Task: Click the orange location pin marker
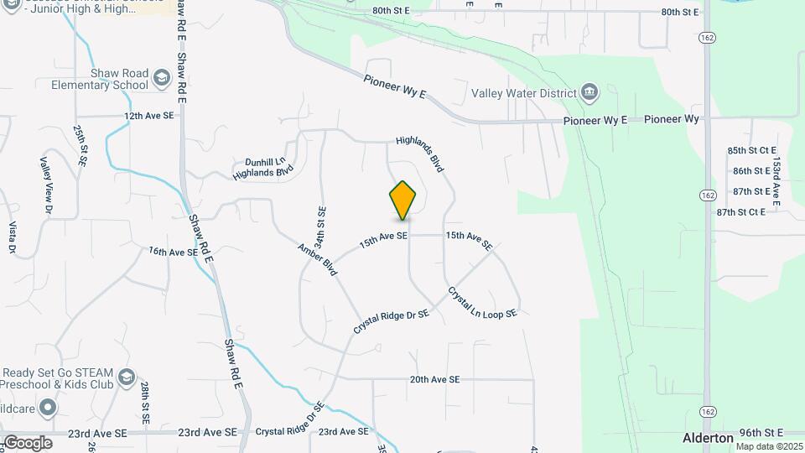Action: tap(403, 200)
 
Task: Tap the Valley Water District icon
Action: tap(589, 92)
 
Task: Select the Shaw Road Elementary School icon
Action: tap(160, 80)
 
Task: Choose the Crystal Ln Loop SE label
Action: tap(482, 302)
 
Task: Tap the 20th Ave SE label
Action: tap(434, 379)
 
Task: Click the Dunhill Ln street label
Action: tap(265, 161)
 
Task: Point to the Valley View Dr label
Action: tap(47, 185)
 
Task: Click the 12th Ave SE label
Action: tap(148, 116)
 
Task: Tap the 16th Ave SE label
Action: tap(173, 251)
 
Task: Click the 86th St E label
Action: tap(750, 170)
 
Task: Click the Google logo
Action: tap(28, 442)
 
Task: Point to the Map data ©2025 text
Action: tap(769, 446)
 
